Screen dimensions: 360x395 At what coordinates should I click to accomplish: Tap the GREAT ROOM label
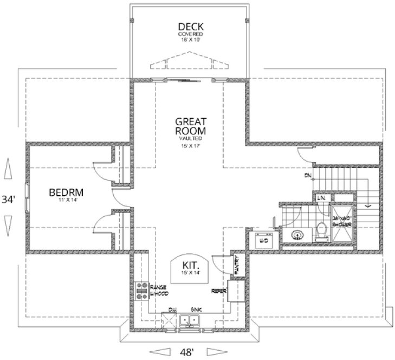click(190, 126)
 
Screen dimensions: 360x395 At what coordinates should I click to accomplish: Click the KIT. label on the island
click(190, 265)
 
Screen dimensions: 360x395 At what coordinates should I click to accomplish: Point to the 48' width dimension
click(188, 351)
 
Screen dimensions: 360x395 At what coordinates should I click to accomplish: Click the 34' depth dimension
click(8, 199)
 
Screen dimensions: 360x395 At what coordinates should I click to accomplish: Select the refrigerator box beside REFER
click(236, 291)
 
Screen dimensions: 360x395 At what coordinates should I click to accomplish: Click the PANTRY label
click(237, 264)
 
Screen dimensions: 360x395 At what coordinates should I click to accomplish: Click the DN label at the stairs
click(307, 176)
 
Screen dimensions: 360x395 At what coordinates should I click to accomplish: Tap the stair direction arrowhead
click(368, 205)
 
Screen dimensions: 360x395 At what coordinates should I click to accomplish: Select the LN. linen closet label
click(321, 198)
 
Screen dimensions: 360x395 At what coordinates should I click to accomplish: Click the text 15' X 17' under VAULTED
click(190, 145)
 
